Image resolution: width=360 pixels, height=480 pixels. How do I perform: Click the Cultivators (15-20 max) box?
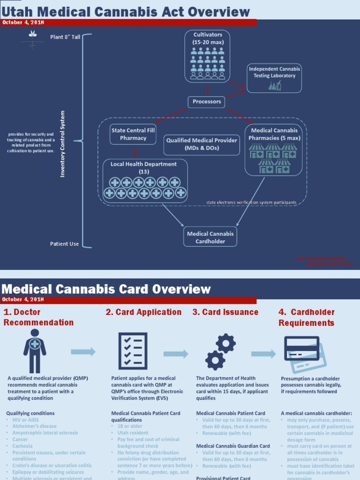(208, 56)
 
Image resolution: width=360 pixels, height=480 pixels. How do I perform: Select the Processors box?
(207, 102)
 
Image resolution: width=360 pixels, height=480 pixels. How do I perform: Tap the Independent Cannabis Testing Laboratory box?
(274, 78)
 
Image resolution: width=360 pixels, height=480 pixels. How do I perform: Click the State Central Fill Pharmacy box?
(133, 134)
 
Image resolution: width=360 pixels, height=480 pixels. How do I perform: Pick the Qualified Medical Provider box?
(202, 144)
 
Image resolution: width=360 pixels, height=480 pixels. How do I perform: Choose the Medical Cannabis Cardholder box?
(210, 237)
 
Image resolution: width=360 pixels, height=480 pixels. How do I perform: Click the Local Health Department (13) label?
(143, 168)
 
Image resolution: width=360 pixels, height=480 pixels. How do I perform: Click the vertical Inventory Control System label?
(63, 144)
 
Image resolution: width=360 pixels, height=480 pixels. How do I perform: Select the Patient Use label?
(65, 244)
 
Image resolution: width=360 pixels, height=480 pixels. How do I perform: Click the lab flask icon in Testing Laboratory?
(275, 85)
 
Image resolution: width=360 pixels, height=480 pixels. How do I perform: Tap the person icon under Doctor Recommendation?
(35, 350)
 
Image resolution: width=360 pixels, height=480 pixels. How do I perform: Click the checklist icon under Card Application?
(133, 351)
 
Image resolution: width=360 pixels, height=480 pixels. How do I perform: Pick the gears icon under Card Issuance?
(220, 352)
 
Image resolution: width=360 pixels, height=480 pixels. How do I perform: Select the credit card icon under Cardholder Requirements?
(304, 352)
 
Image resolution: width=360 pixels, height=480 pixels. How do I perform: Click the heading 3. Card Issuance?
(225, 312)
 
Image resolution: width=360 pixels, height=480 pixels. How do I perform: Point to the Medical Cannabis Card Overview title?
(107, 289)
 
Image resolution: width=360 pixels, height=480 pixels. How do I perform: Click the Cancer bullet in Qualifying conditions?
(20, 440)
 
